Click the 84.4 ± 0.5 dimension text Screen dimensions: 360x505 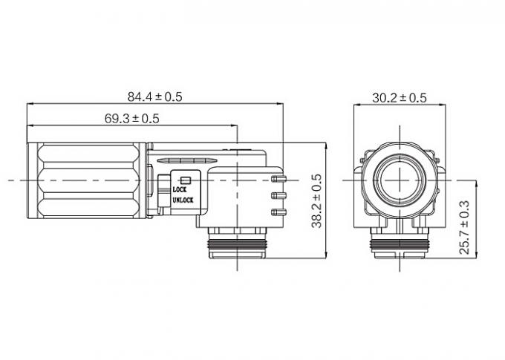(x=154, y=96)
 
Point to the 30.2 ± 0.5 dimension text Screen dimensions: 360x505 (x=399, y=97)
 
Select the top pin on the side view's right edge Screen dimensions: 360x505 (x=279, y=179)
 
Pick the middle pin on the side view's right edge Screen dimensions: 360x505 (x=279, y=196)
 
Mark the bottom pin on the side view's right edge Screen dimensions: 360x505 (x=279, y=212)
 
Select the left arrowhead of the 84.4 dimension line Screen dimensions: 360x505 (x=29, y=105)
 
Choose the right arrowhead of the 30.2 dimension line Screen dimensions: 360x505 (x=443, y=105)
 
